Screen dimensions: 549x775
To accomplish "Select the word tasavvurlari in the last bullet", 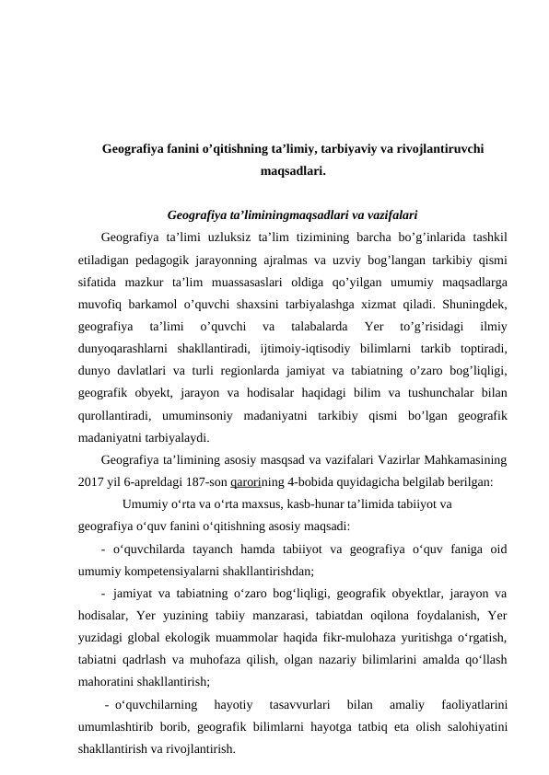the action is [299, 706].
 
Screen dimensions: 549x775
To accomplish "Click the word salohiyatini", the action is [478, 726].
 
